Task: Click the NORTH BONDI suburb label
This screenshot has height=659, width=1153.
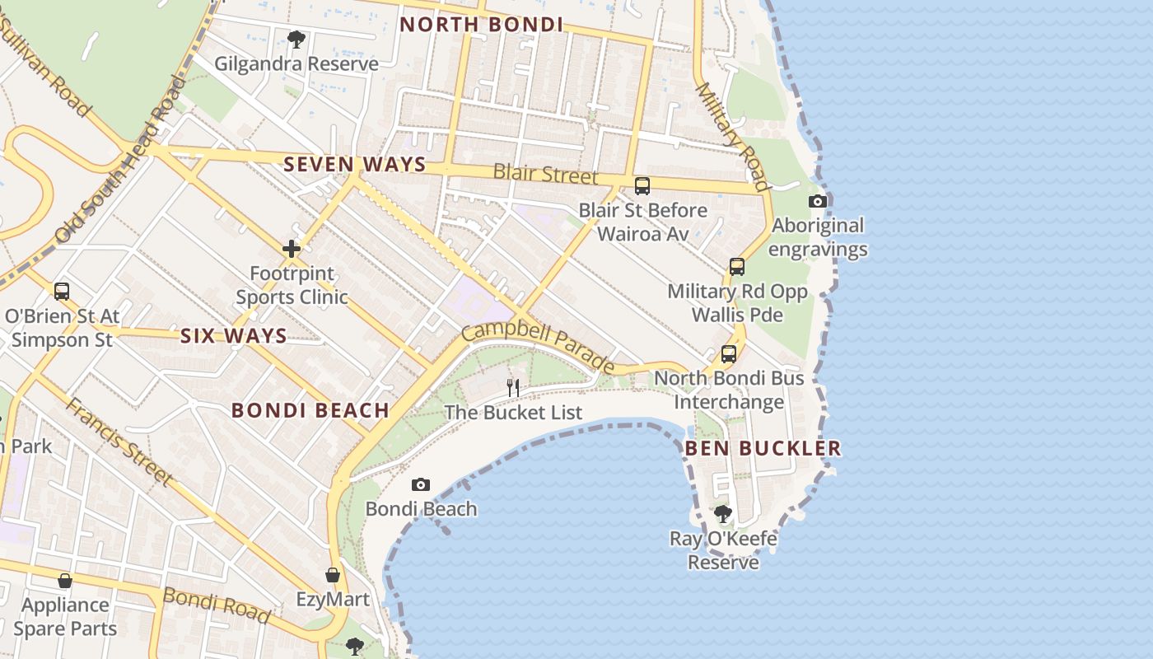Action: click(482, 25)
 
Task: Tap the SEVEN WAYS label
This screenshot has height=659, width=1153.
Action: click(355, 164)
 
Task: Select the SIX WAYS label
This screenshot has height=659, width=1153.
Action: click(234, 335)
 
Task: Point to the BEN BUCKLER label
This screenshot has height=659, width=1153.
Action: click(763, 448)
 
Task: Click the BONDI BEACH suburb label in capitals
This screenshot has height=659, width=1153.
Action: click(310, 410)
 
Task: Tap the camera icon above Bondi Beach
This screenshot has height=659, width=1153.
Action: click(421, 484)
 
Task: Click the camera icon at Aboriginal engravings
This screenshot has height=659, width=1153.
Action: click(818, 201)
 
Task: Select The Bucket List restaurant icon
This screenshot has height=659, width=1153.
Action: click(513, 387)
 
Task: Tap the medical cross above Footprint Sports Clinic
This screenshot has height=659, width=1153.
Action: click(292, 248)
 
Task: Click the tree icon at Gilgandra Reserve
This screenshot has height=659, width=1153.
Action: click(296, 39)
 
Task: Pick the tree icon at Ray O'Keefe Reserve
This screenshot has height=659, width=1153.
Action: click(723, 514)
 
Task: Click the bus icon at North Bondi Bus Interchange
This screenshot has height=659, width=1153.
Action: click(729, 354)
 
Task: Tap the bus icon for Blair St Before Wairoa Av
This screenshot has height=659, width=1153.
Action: click(642, 186)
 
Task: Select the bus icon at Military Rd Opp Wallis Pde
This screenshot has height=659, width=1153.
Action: click(737, 267)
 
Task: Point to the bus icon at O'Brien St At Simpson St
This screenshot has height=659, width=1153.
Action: click(62, 291)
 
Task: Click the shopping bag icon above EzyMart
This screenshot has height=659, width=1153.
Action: click(333, 575)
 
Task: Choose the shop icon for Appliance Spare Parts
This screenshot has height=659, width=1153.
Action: click(65, 581)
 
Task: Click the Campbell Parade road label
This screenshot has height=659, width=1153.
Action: click(538, 346)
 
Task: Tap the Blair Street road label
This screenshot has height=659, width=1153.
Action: click(545, 174)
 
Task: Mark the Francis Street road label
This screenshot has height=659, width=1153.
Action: click(119, 442)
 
